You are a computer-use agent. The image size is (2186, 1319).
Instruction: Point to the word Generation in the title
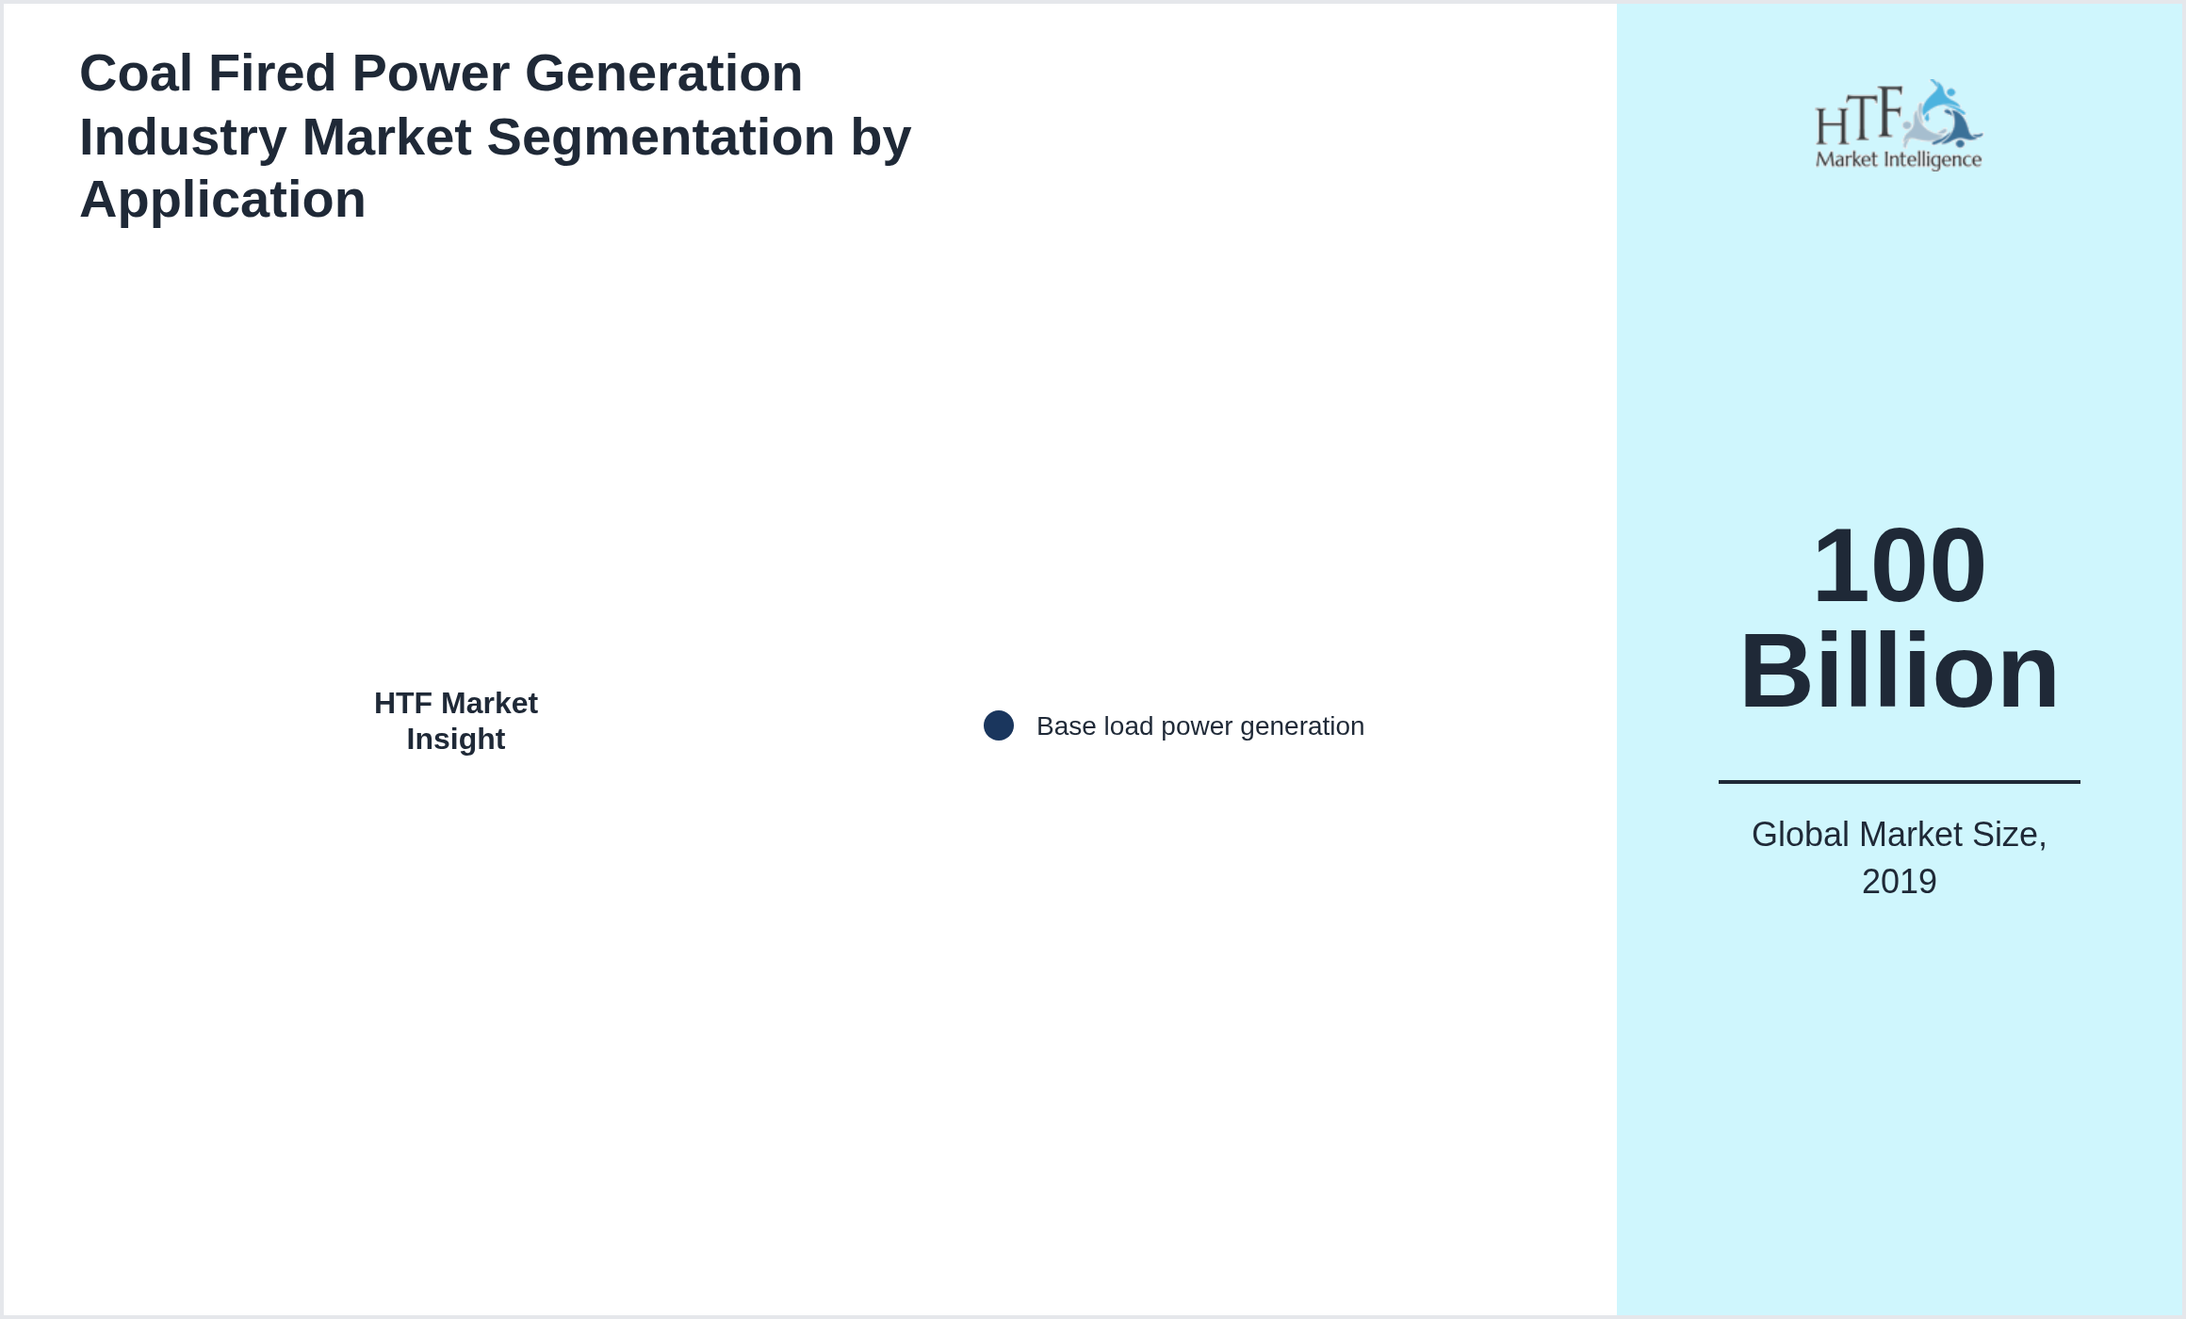[x=663, y=73]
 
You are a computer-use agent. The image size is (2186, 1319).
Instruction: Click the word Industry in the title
[x=183, y=138]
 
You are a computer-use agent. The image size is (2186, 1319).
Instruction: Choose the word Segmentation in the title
[x=661, y=138]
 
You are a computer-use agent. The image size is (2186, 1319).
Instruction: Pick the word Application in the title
[x=222, y=201]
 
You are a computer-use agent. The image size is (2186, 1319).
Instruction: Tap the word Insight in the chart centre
[x=456, y=740]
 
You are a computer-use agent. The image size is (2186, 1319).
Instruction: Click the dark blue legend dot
[x=999, y=725]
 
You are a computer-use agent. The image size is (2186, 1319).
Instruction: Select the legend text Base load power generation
[x=1200, y=726]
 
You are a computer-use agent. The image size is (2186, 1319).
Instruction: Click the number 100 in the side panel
[x=1899, y=565]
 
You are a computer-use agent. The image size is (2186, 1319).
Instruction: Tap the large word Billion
[x=1899, y=672]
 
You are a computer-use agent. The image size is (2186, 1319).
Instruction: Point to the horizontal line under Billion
[x=1899, y=781]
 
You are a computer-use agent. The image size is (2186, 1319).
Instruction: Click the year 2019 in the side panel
[x=1899, y=882]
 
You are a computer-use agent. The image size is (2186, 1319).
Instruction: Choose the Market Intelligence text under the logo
[x=1899, y=160]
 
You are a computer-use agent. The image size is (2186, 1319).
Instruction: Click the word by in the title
[x=881, y=138]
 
